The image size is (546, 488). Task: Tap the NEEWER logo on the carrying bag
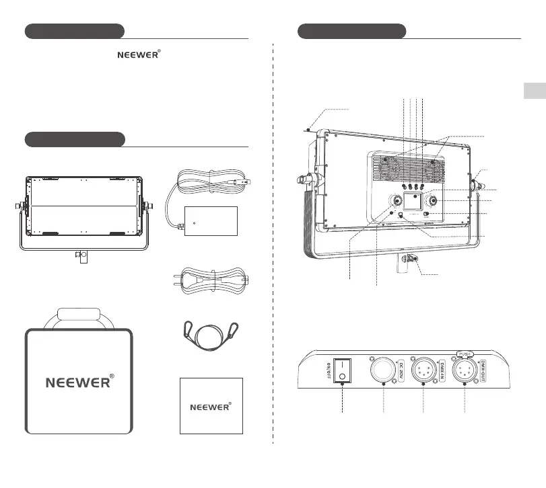point(79,382)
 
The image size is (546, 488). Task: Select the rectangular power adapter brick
point(211,221)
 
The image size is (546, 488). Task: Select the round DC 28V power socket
point(383,370)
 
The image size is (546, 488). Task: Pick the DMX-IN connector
point(423,370)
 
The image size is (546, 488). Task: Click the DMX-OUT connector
point(465,370)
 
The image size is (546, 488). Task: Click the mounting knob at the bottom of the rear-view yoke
point(409,259)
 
